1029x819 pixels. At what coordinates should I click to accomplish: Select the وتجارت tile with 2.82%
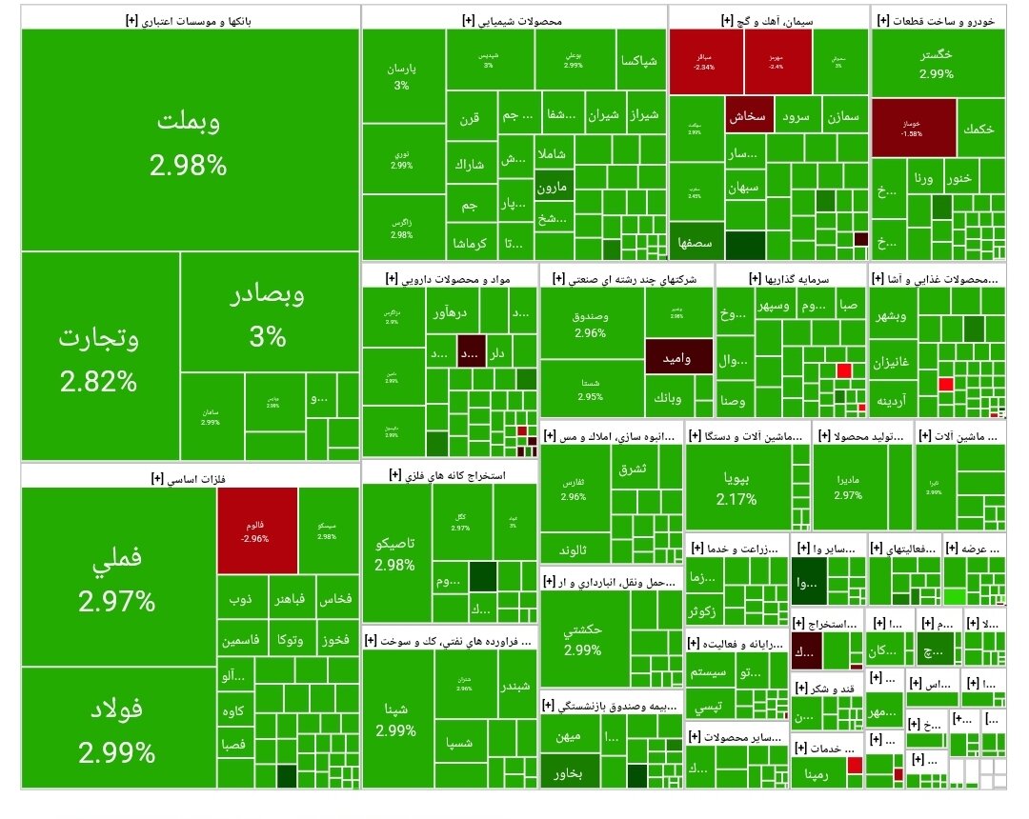(x=99, y=358)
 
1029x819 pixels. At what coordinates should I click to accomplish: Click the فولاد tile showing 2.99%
(x=116, y=728)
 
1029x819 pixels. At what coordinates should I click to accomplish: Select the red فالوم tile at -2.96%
(x=257, y=529)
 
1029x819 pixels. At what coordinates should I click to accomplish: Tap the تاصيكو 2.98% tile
(x=395, y=553)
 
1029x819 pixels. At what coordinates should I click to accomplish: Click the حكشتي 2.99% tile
(x=582, y=638)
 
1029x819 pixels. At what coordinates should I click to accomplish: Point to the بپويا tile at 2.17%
(x=736, y=487)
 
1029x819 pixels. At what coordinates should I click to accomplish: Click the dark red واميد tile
(x=679, y=358)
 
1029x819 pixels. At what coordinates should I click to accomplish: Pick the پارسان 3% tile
(x=402, y=77)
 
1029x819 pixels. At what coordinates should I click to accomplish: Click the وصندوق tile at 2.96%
(x=591, y=324)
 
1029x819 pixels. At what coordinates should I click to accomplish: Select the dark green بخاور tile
(x=573, y=773)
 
